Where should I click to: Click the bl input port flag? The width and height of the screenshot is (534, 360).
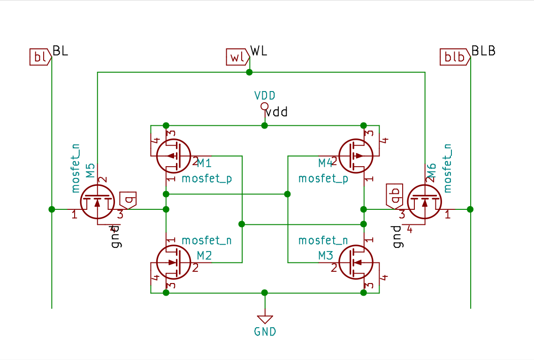(40, 57)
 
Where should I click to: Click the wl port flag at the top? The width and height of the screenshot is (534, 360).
(237, 57)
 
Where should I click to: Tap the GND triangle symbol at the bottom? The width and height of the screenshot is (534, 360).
(265, 320)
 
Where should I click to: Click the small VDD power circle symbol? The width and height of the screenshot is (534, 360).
(265, 107)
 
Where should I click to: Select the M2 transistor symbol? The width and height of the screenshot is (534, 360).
(173, 262)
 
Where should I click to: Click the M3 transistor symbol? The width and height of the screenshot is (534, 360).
(356, 262)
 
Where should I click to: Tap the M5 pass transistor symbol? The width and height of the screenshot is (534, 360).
(98, 202)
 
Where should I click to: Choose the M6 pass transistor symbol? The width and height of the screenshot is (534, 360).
(425, 202)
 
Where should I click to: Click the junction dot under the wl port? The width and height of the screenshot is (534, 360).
(250, 72)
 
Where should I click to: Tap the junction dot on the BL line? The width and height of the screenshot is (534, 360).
(52, 209)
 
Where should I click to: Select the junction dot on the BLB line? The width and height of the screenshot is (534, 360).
(470, 209)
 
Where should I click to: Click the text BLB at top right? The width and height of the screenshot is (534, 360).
(483, 51)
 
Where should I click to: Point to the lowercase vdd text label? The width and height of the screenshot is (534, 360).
(276, 113)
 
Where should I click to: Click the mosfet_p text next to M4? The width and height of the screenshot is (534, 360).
(323, 179)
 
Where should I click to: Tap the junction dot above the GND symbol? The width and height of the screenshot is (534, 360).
(265, 292)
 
